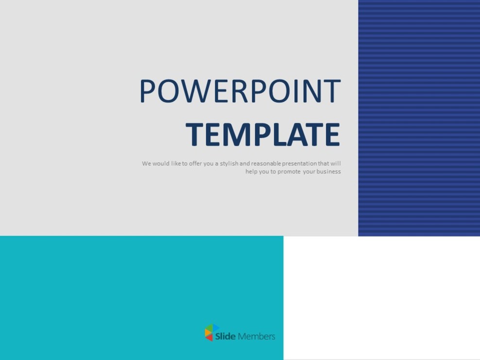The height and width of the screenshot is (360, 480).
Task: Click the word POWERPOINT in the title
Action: pos(240,91)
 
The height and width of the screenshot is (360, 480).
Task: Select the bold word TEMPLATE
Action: pos(263,135)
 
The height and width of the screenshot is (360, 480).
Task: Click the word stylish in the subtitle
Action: pos(229,163)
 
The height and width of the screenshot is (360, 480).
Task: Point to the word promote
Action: pos(289,171)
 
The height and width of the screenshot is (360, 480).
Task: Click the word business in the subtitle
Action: pos(329,171)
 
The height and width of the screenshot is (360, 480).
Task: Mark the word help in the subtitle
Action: pos(252,171)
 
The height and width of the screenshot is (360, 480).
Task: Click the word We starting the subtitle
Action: pos(146,163)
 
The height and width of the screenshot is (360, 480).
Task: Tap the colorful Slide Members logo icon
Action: pos(211,333)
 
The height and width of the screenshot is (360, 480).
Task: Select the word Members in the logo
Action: pos(257,336)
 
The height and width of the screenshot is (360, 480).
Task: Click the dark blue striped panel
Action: pos(419,118)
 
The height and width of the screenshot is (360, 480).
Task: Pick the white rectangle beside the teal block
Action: pos(381,298)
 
